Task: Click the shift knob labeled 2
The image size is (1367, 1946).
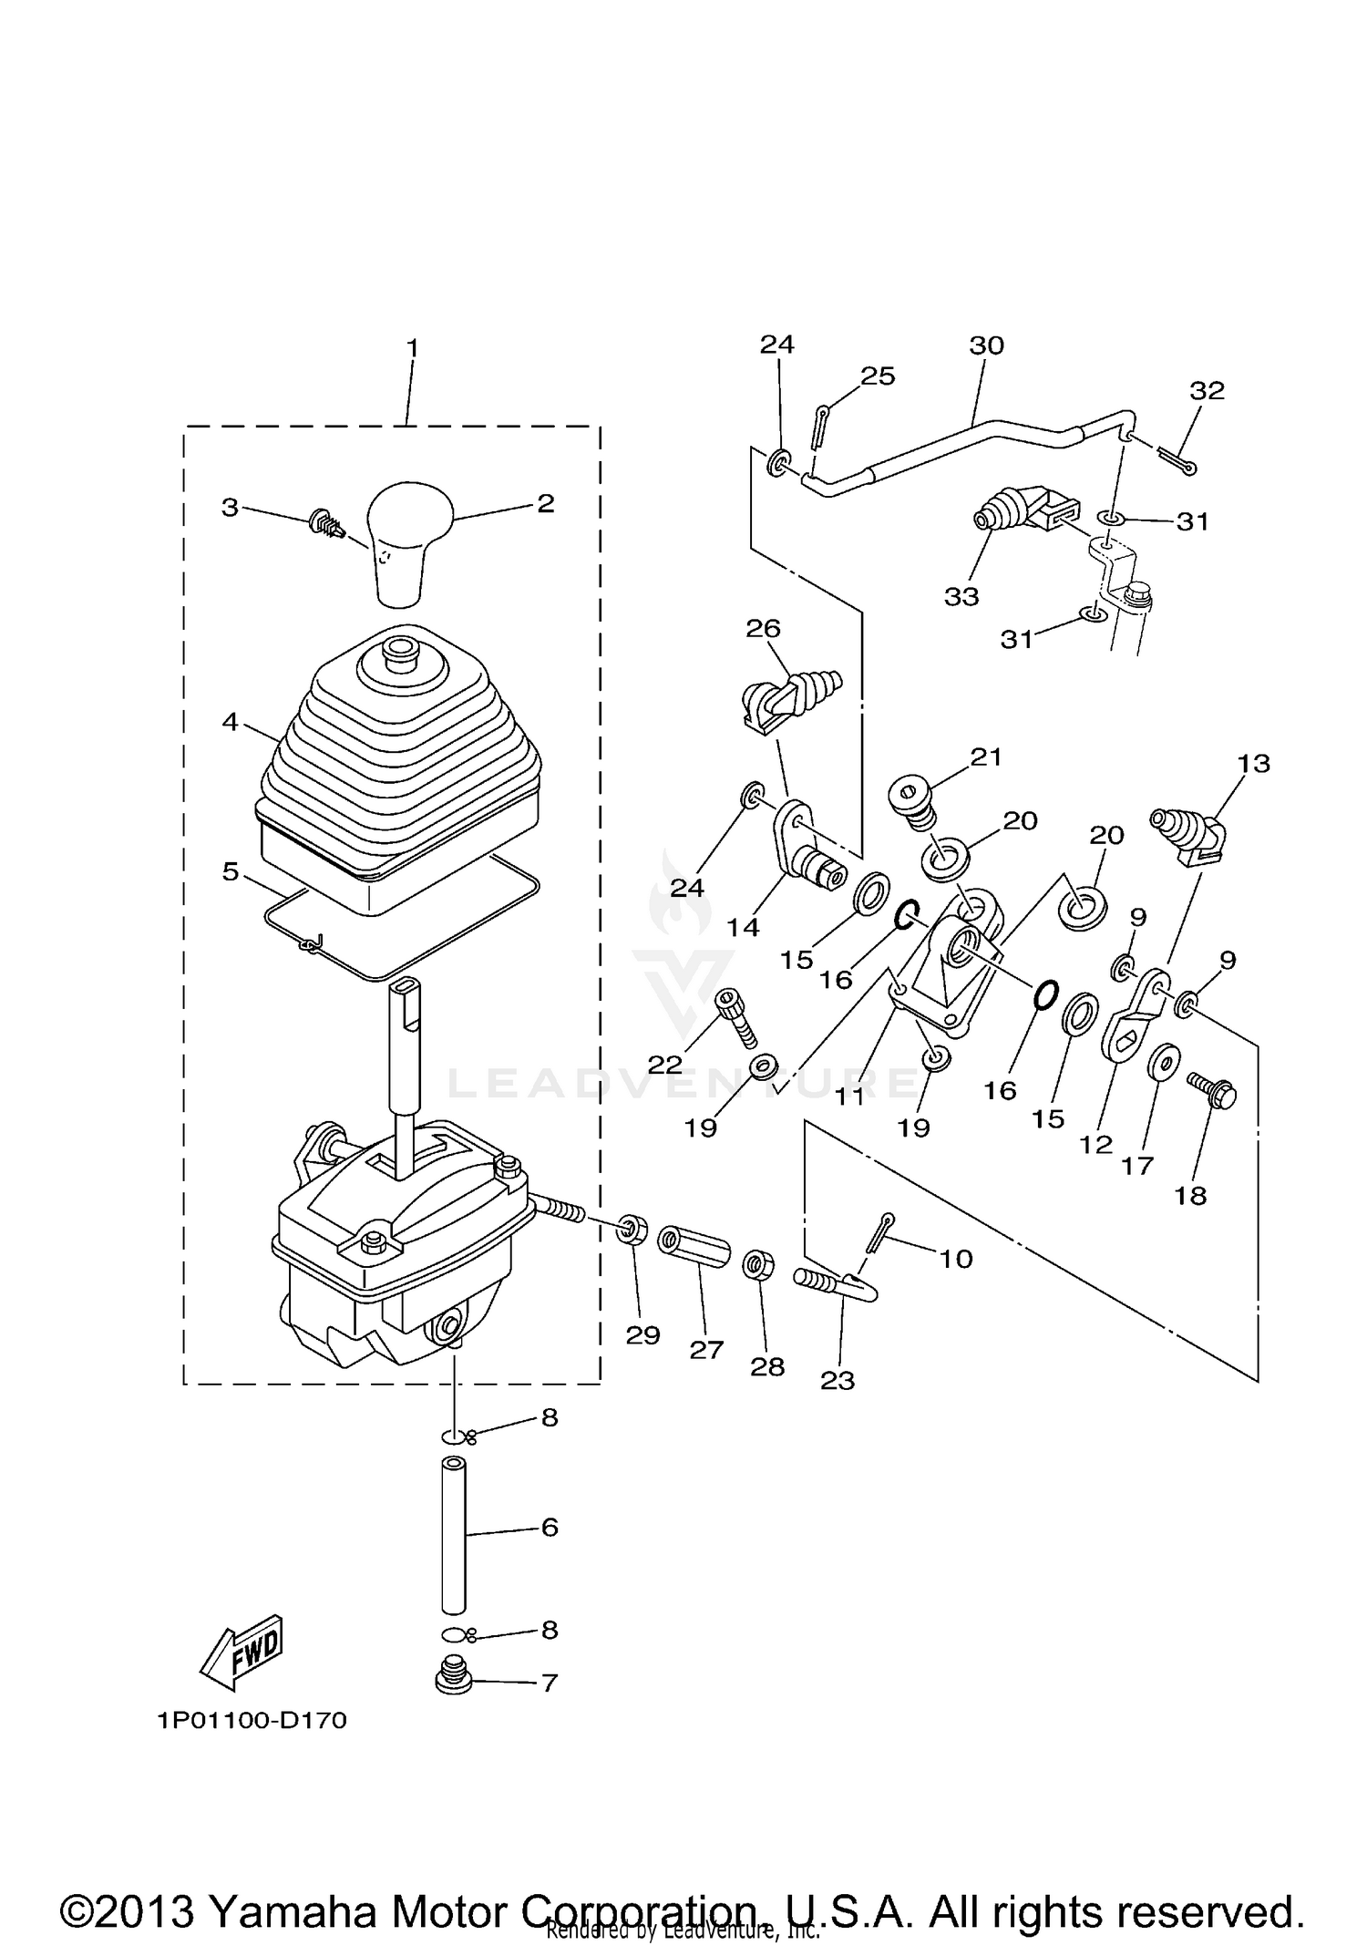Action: (x=408, y=537)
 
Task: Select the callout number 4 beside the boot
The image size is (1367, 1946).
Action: (x=230, y=722)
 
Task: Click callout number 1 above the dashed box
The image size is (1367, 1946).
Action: (x=412, y=347)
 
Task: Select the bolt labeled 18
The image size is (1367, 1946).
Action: (x=1213, y=1091)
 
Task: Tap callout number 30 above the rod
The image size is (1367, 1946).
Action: (x=986, y=345)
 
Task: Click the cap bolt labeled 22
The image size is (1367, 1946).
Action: (x=736, y=1014)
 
